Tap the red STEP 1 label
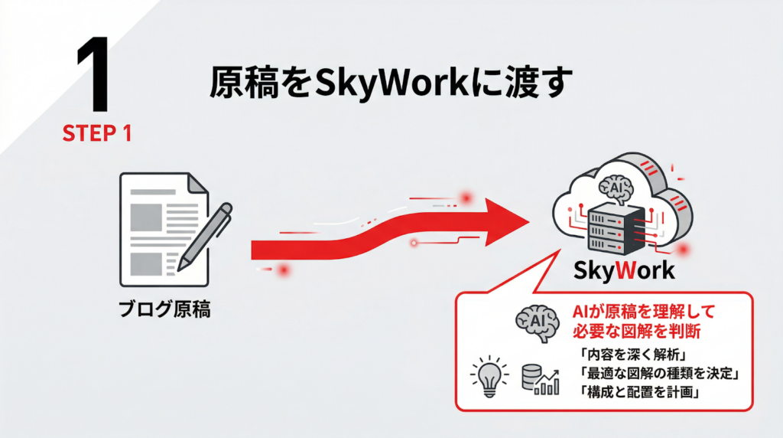97,133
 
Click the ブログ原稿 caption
165,312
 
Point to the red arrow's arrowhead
505,222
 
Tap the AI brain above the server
616,186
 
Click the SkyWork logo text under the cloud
622,270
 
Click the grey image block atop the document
145,217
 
